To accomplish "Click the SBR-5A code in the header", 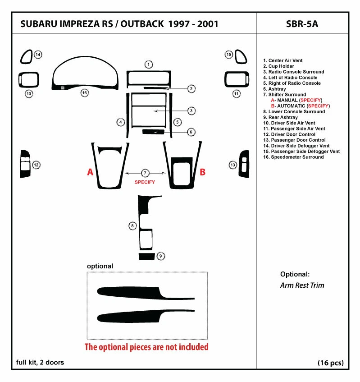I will (302, 24).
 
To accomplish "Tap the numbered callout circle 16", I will (84, 93).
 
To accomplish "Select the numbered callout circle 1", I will (149, 64).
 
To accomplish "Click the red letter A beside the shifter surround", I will (91, 172).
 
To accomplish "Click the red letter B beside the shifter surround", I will (203, 172).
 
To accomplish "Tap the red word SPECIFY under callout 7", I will (145, 182).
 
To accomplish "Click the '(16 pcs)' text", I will (331, 363).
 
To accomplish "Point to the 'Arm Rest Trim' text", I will (302, 285).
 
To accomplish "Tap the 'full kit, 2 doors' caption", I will (40, 362).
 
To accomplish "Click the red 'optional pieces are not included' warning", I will (146, 347).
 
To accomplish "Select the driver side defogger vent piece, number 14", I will (26, 56).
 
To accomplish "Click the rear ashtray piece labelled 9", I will (146, 257).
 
